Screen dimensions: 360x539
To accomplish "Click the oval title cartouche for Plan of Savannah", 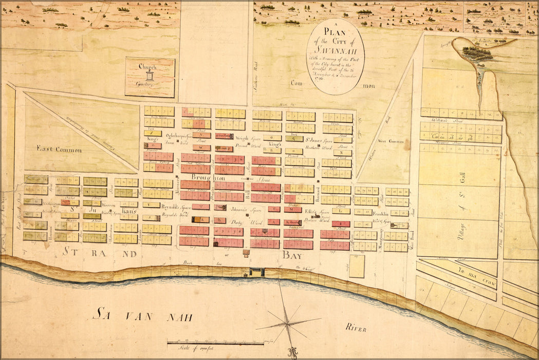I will coord(335,57).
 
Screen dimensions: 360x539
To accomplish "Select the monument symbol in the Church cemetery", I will coord(150,76).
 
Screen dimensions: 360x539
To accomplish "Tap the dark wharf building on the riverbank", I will coord(256,272).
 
